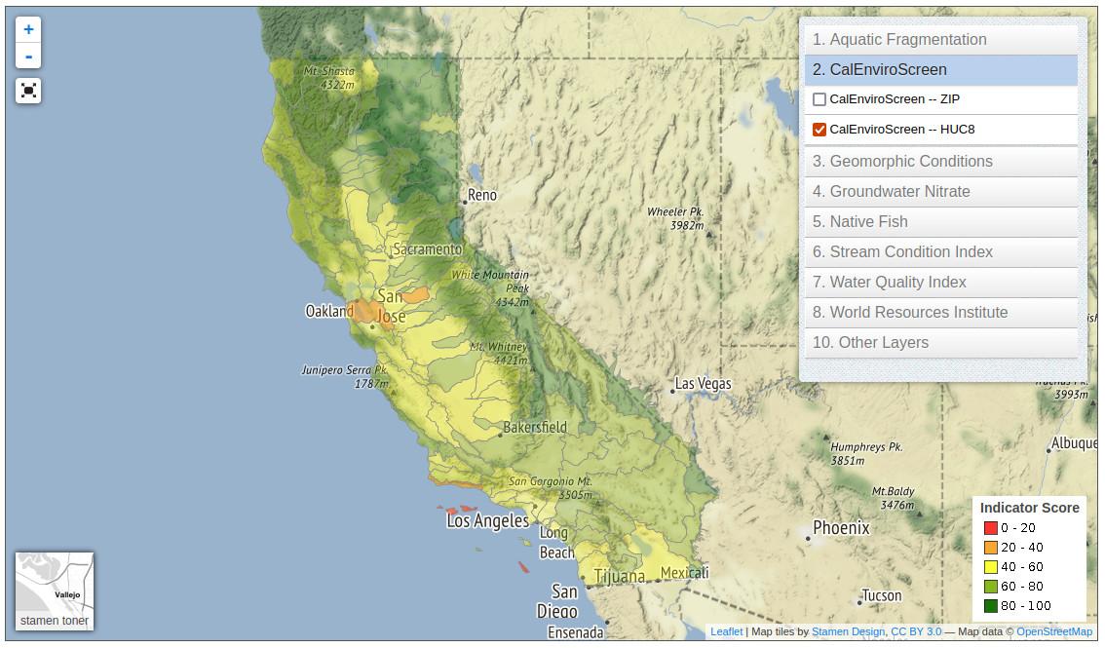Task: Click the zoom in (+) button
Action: click(28, 30)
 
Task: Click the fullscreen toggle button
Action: click(28, 91)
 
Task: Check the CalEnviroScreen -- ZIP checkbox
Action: click(819, 99)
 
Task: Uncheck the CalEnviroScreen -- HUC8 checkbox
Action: click(819, 130)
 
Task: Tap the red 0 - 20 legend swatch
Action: click(990, 528)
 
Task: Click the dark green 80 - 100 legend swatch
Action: click(990, 606)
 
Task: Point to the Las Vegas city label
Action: click(703, 384)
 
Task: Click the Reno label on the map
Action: click(482, 195)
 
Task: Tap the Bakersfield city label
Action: click(535, 427)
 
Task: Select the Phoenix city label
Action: click(841, 528)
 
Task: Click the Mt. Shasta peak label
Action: click(328, 72)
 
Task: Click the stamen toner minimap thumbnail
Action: click(55, 591)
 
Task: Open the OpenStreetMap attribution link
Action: click(1053, 631)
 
